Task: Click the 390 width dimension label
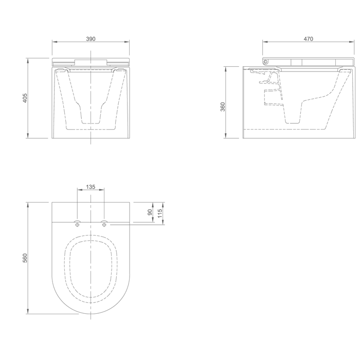click(91, 39)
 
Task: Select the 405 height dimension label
click(25, 98)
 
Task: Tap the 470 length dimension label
click(309, 39)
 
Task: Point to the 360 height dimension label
click(223, 107)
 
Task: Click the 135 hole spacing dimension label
click(91, 187)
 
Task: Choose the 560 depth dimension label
click(25, 258)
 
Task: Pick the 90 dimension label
click(150, 212)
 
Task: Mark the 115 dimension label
click(160, 213)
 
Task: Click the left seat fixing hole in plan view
click(77, 225)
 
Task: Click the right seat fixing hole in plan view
click(104, 225)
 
